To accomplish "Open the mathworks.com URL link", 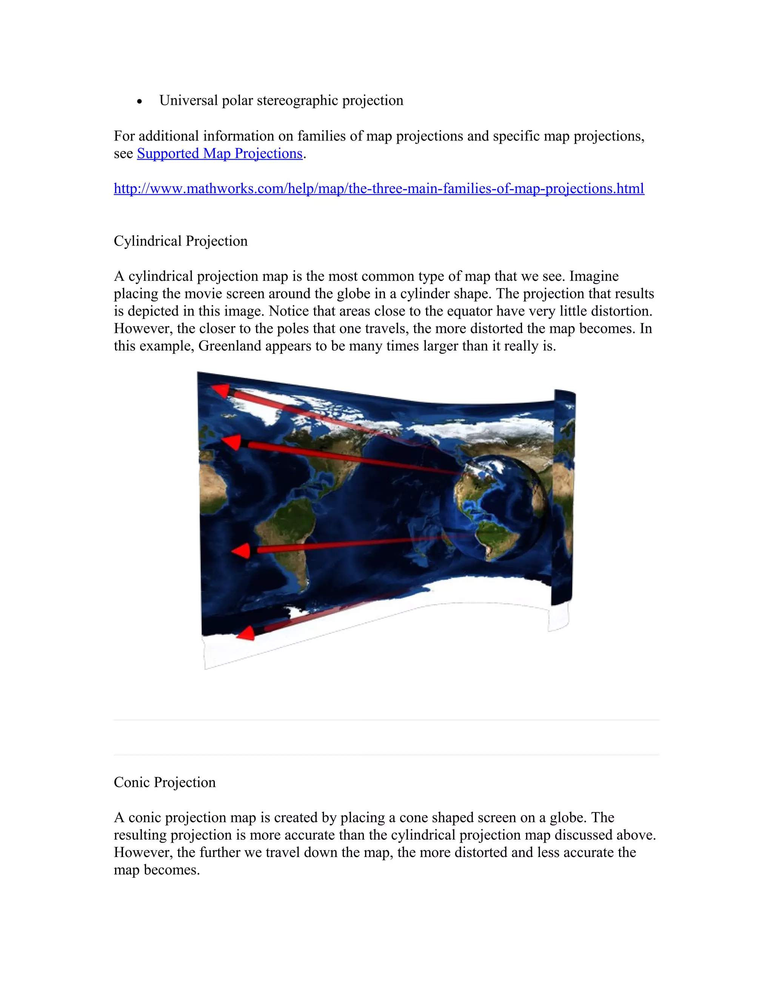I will pos(379,188).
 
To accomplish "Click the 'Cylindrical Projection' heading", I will pos(180,241).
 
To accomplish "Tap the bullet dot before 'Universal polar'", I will pos(140,102).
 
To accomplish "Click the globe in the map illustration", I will pos(499,508).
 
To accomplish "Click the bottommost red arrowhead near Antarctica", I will pos(246,634).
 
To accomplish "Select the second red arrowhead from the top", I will pos(232,443).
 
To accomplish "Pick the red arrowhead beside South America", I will pos(241,551).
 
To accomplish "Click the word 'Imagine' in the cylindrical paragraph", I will pos(594,276).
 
